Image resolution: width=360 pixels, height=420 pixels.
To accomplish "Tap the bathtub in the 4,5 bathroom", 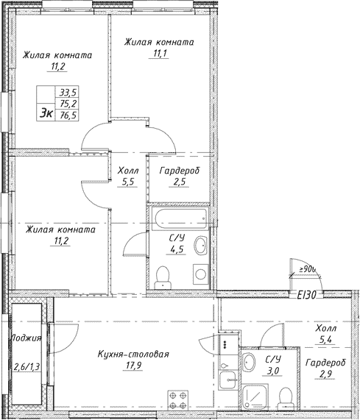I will click(x=177, y=218).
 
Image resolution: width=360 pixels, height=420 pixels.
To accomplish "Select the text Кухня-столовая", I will click(x=133, y=354).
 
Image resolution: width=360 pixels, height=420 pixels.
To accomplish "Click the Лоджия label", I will click(x=25, y=338).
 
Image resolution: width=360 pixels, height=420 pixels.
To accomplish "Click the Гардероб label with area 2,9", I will click(x=324, y=363).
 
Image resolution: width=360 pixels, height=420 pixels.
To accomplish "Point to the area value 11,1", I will click(x=159, y=54).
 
